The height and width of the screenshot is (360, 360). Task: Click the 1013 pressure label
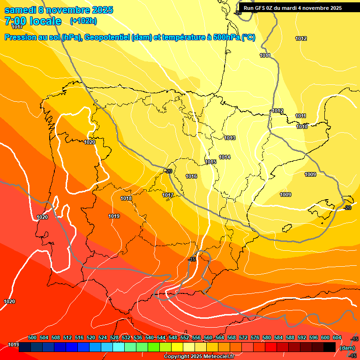coord(230,138)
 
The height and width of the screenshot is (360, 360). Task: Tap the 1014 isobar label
coord(225,157)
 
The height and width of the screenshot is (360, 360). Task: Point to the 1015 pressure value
coord(210,162)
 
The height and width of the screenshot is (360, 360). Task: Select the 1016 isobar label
coord(191,176)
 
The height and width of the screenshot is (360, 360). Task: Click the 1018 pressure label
coord(126,198)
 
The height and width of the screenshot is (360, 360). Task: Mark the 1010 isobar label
coord(302,127)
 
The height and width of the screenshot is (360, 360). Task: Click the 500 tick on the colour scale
coord(32,337)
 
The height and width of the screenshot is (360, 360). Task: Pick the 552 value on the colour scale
coord(185,337)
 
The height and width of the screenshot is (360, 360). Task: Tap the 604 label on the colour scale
coord(337,337)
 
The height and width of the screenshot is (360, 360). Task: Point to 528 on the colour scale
coord(114,337)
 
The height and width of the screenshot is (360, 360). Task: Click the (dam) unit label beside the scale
coord(347,347)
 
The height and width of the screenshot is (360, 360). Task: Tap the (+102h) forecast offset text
coord(83,21)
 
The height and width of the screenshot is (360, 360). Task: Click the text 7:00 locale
coord(33,21)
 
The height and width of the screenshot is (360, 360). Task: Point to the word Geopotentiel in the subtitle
coord(107,37)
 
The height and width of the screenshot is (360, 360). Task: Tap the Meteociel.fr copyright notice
coord(199,356)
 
